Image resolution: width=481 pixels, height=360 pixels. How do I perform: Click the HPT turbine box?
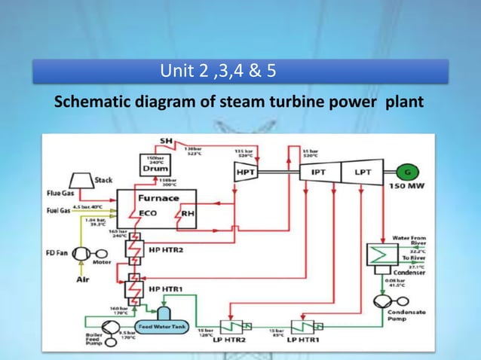(x=245, y=172)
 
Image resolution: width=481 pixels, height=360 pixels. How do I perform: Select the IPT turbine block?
(x=319, y=172)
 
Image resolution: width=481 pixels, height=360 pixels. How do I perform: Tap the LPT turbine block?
(x=360, y=172)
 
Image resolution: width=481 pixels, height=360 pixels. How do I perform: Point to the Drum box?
(x=155, y=168)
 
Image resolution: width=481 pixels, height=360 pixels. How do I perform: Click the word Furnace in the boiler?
(x=158, y=198)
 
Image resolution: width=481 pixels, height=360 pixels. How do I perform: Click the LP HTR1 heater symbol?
(x=304, y=327)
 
